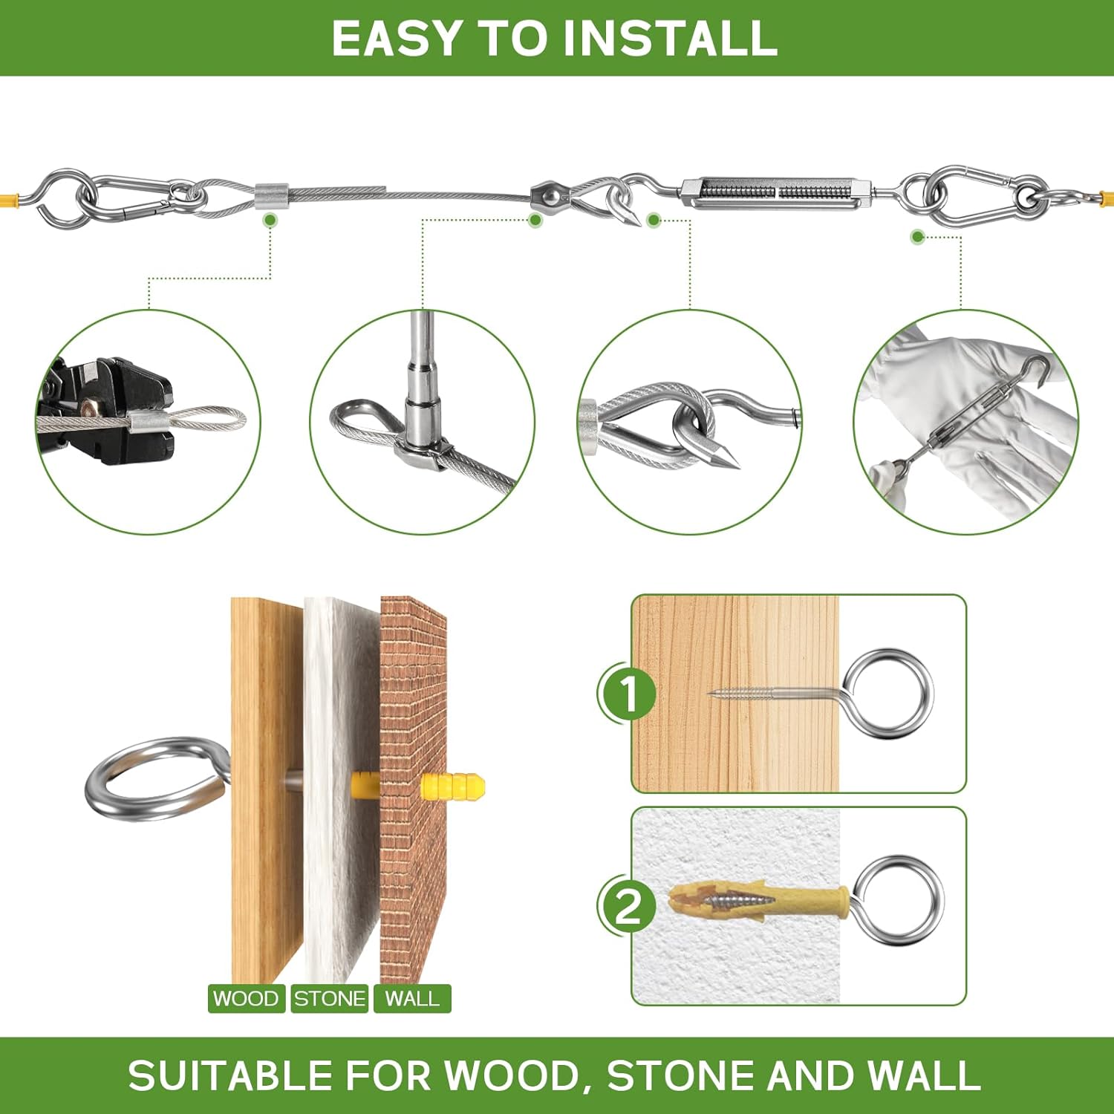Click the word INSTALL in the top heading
point(670,39)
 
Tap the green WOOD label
point(246,998)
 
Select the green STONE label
point(330,998)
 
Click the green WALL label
point(412,998)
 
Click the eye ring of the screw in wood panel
point(889,693)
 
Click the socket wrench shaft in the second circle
point(424,349)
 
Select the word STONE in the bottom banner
point(680,1075)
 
